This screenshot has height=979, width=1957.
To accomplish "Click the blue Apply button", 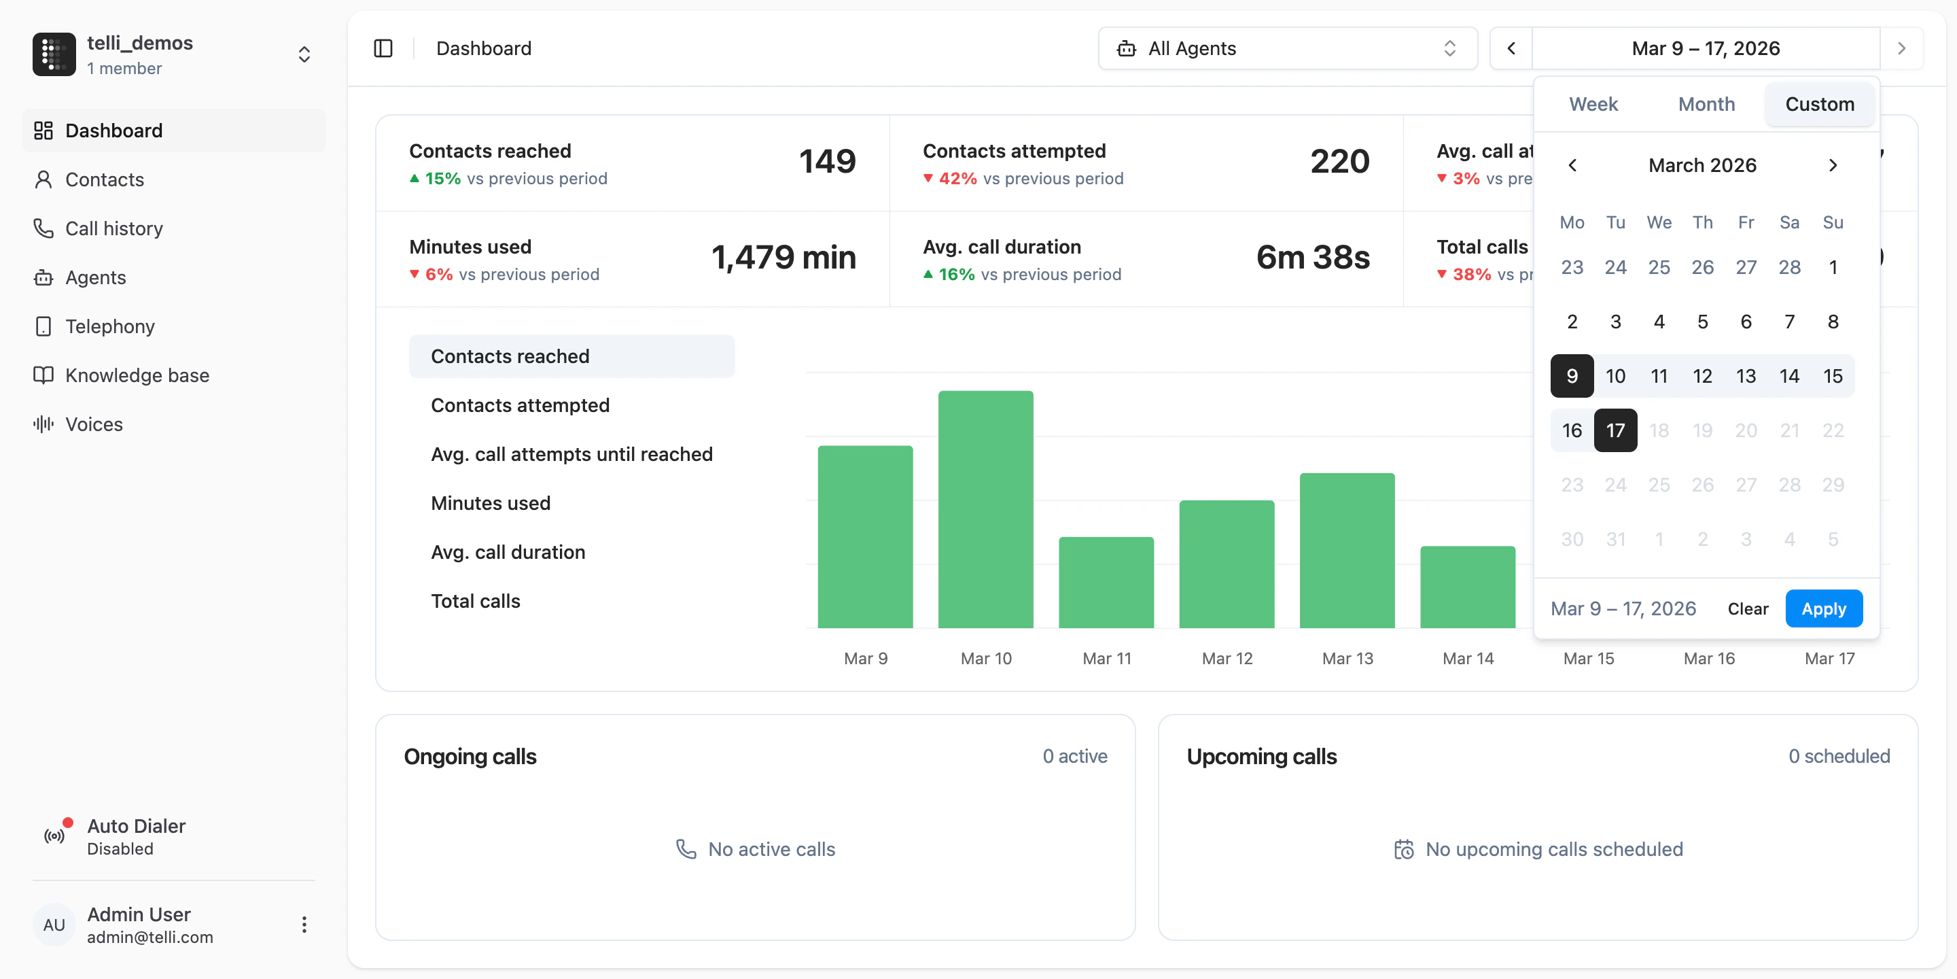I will pyautogui.click(x=1823, y=609).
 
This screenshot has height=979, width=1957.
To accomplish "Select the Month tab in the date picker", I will pyautogui.click(x=1706, y=104).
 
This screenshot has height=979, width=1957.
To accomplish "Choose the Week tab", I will pyautogui.click(x=1593, y=104).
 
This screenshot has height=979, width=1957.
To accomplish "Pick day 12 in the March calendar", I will pyautogui.click(x=1702, y=376).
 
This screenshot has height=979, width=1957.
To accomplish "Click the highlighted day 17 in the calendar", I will pyautogui.click(x=1615, y=430).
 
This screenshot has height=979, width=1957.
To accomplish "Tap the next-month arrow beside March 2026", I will pyautogui.click(x=1833, y=165).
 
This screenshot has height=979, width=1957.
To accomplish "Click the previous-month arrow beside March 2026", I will pyautogui.click(x=1572, y=165).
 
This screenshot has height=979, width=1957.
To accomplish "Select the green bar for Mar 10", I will pyautogui.click(x=985, y=509).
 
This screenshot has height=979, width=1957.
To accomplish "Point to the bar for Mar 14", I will pyautogui.click(x=1467, y=587).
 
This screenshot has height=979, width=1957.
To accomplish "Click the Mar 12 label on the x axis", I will pyautogui.click(x=1227, y=658).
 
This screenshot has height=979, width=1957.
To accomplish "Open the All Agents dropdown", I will pyautogui.click(x=1287, y=49).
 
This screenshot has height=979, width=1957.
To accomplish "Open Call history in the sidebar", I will pyautogui.click(x=114, y=229).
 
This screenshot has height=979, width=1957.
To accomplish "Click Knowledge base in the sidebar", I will pyautogui.click(x=137, y=375).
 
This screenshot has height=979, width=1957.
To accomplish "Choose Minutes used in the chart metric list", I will pyautogui.click(x=491, y=503).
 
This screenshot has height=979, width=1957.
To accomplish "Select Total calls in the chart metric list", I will pyautogui.click(x=476, y=601).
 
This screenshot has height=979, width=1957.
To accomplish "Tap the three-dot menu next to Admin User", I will pyautogui.click(x=304, y=925).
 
